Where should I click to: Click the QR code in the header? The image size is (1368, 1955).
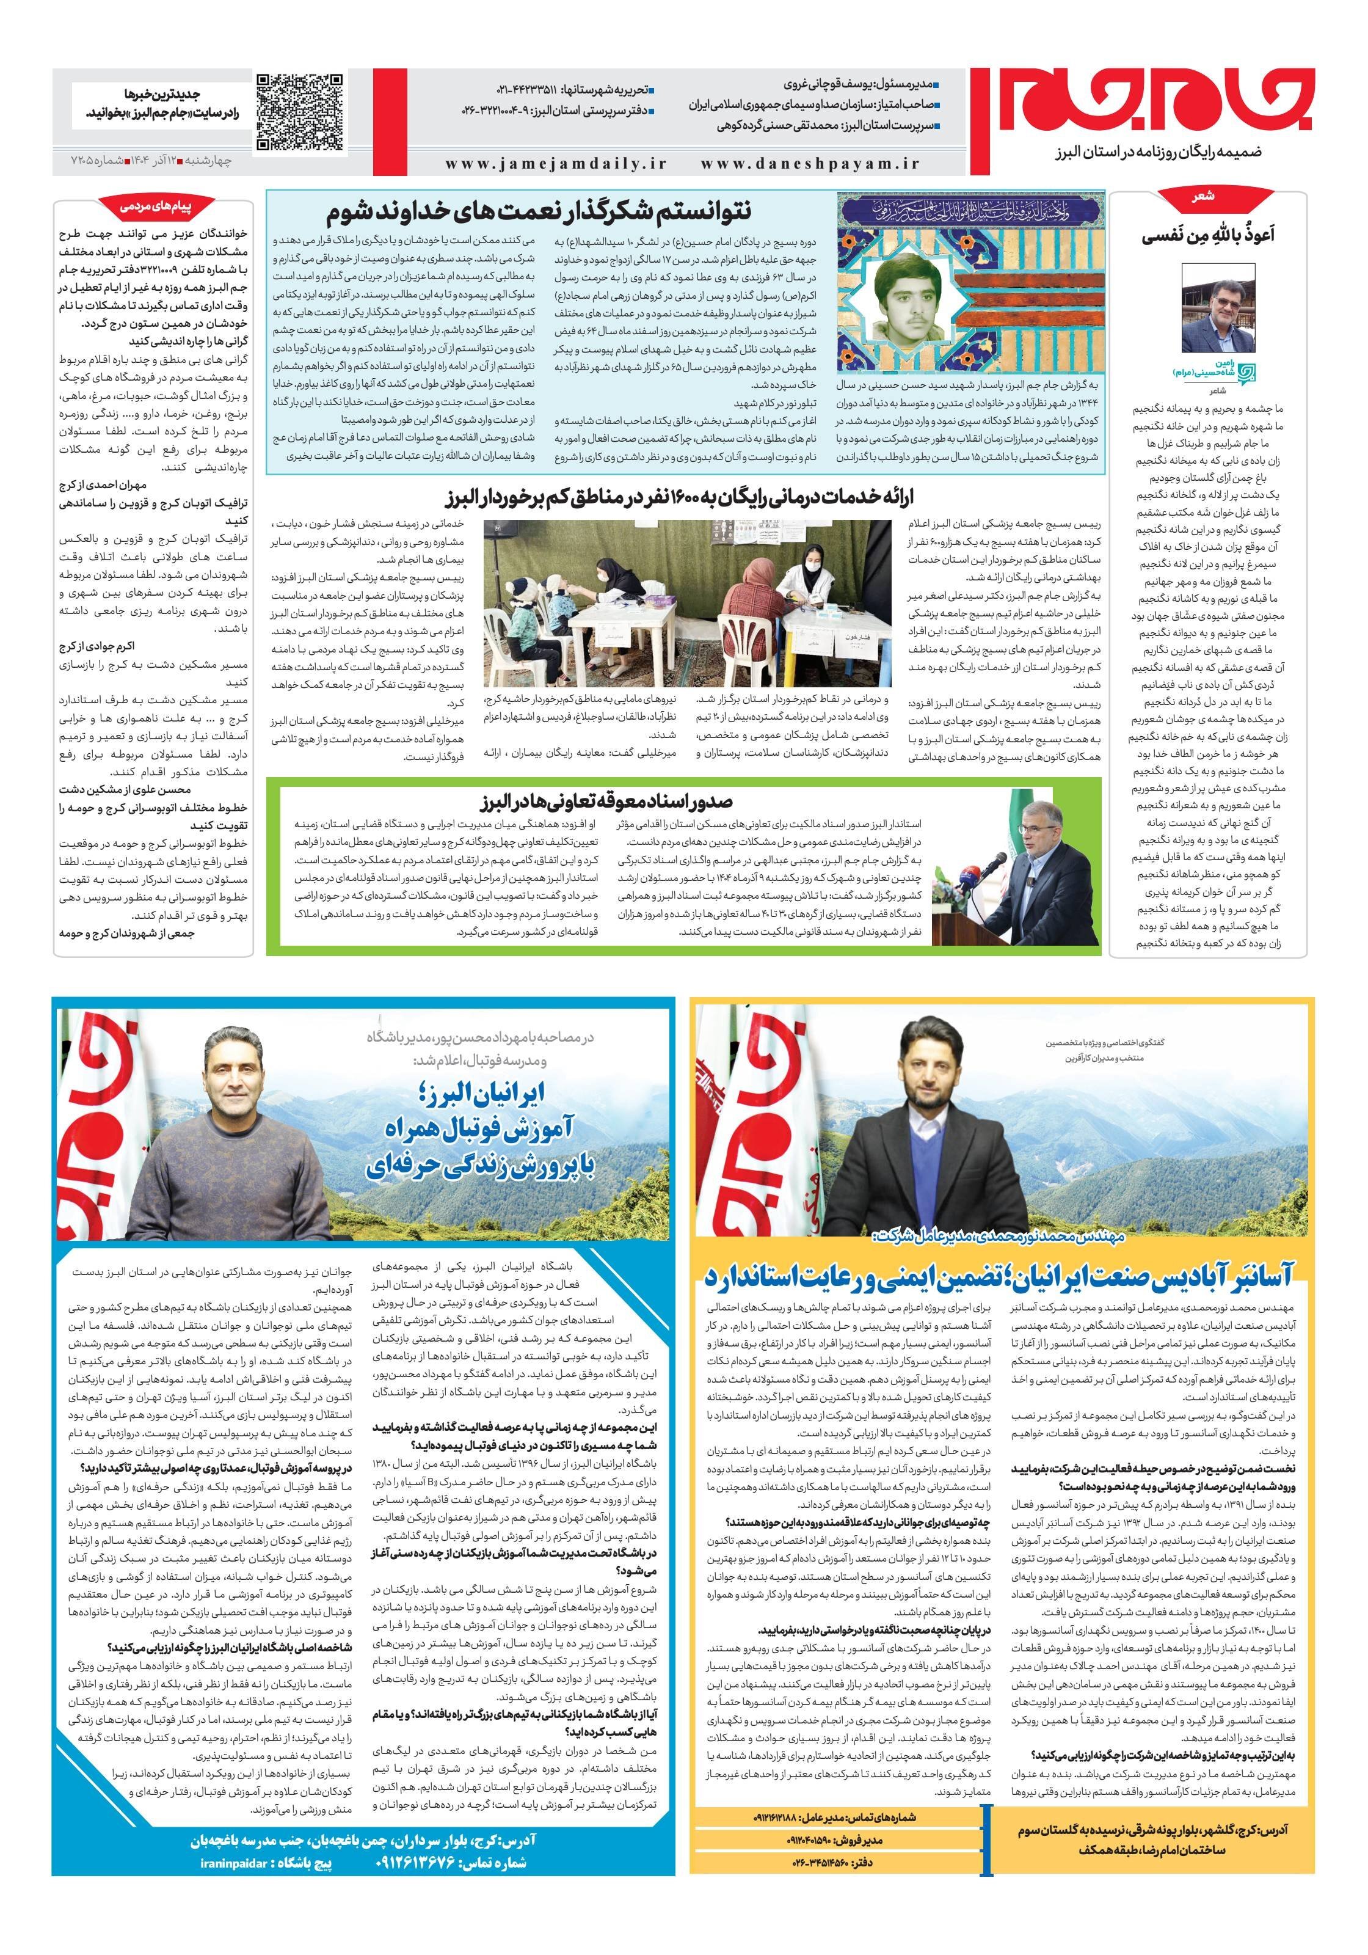click(x=300, y=112)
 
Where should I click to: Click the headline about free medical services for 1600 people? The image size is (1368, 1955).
click(x=689, y=495)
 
